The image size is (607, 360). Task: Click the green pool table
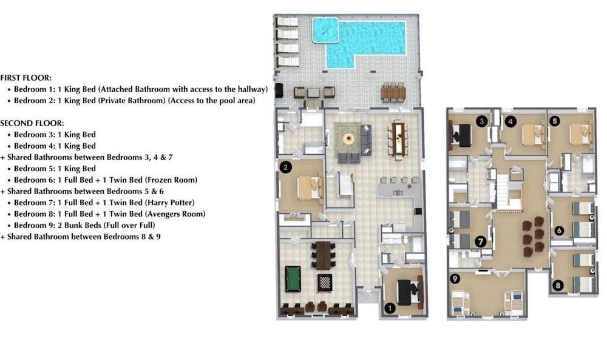pyautogui.click(x=293, y=279)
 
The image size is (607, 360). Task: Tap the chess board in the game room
pyautogui.click(x=324, y=282)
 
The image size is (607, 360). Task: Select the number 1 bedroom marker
pyautogui.click(x=390, y=308)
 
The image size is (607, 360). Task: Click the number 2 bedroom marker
pyautogui.click(x=285, y=167)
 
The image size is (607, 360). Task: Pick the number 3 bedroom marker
pyautogui.click(x=481, y=121)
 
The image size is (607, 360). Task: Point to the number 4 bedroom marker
pyautogui.click(x=510, y=121)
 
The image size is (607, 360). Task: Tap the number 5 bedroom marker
pyautogui.click(x=554, y=121)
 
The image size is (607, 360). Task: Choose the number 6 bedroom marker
pyautogui.click(x=558, y=231)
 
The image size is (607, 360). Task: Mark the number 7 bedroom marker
pyautogui.click(x=480, y=242)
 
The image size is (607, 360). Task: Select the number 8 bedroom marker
pyautogui.click(x=558, y=286)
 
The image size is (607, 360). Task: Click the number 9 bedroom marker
pyautogui.click(x=455, y=278)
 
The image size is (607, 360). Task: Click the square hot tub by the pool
pyautogui.click(x=325, y=30)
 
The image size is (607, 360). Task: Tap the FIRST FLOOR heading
pyautogui.click(x=25, y=78)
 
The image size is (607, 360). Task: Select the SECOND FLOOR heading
pyautogui.click(x=32, y=123)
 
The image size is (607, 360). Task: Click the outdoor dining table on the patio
pyautogui.click(x=393, y=92)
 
